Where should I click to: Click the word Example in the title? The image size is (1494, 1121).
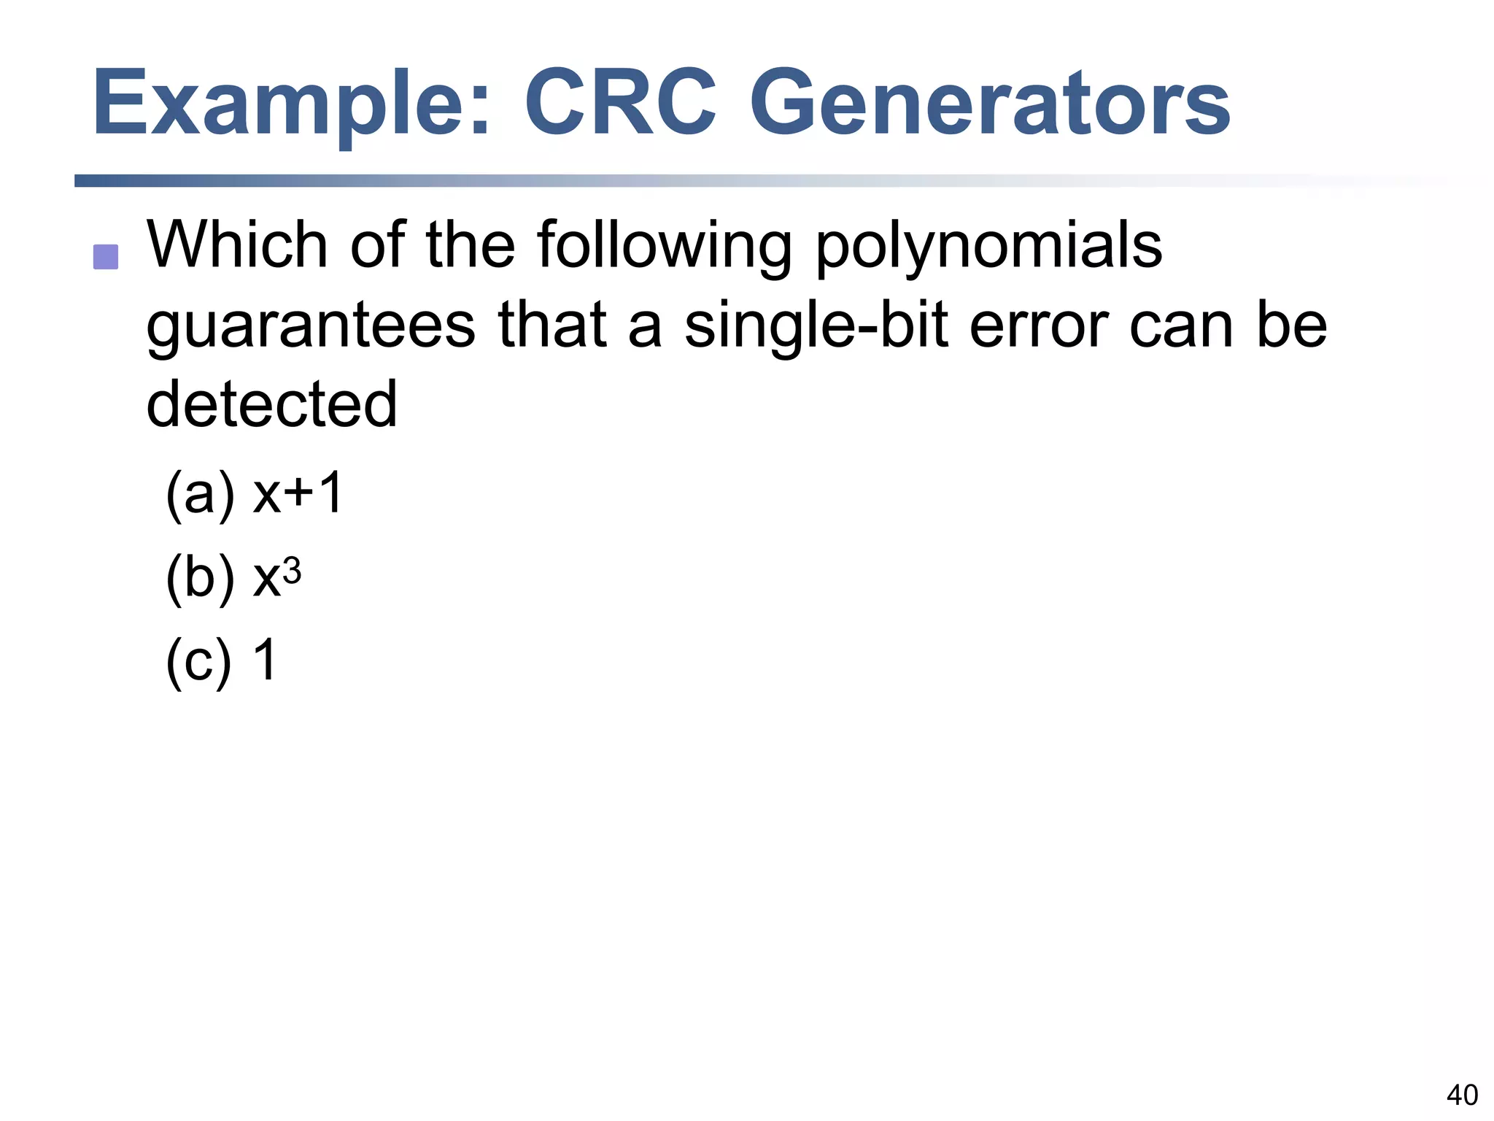(290, 104)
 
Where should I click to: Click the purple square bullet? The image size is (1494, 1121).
(106, 257)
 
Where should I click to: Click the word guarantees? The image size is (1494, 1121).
(311, 327)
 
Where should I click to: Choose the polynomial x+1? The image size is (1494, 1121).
(298, 493)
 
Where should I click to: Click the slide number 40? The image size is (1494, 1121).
(1462, 1095)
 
